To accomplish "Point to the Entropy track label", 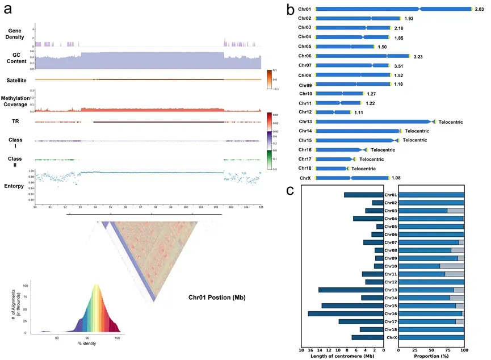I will [x=15, y=185].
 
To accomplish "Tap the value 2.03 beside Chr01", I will [x=481, y=9].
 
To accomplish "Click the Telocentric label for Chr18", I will [x=363, y=169].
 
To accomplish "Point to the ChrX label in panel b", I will [x=305, y=178].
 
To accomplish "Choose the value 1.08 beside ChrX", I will [x=396, y=178].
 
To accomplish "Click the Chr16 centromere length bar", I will [x=346, y=313].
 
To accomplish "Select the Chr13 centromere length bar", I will [x=351, y=290].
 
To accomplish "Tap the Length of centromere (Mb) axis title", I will [x=342, y=355].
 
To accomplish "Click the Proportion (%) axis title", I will [x=431, y=355].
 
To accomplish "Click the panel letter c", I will [x=289, y=191].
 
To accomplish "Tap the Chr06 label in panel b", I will [x=305, y=56].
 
